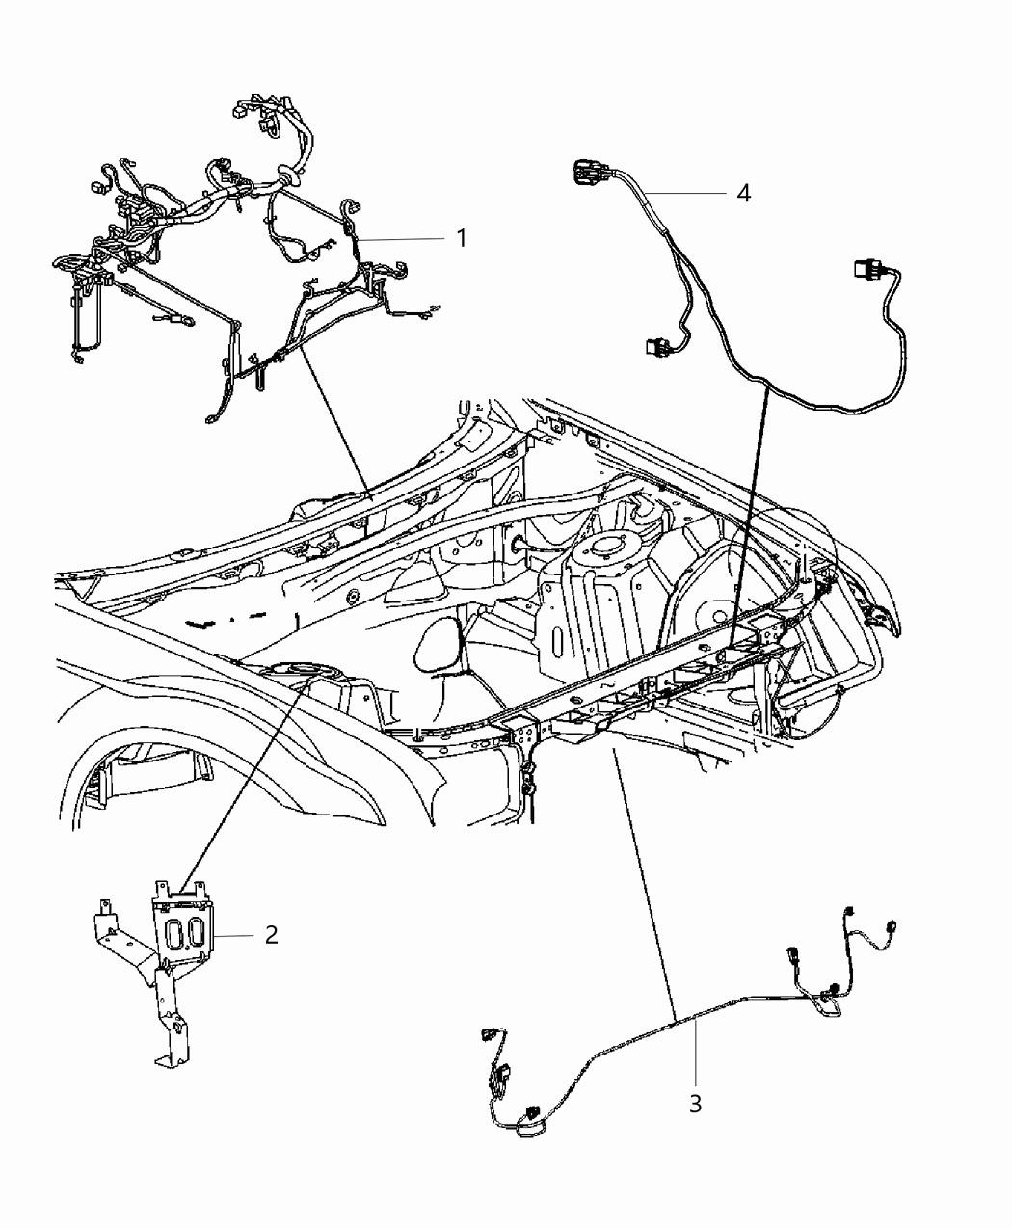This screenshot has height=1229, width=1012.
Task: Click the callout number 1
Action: (462, 237)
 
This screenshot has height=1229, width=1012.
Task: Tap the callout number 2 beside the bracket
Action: (272, 934)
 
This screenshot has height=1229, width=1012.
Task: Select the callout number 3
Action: (695, 1104)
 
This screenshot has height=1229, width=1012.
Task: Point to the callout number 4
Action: (743, 193)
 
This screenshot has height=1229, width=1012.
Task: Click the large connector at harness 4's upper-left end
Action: (588, 174)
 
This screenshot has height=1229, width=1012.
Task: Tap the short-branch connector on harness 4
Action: (655, 344)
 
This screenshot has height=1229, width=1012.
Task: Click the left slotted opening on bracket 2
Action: (175, 933)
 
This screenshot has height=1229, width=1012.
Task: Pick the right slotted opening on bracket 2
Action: (196, 933)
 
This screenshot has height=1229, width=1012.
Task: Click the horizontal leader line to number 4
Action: (684, 194)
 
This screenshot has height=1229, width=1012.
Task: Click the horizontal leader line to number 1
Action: (405, 238)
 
